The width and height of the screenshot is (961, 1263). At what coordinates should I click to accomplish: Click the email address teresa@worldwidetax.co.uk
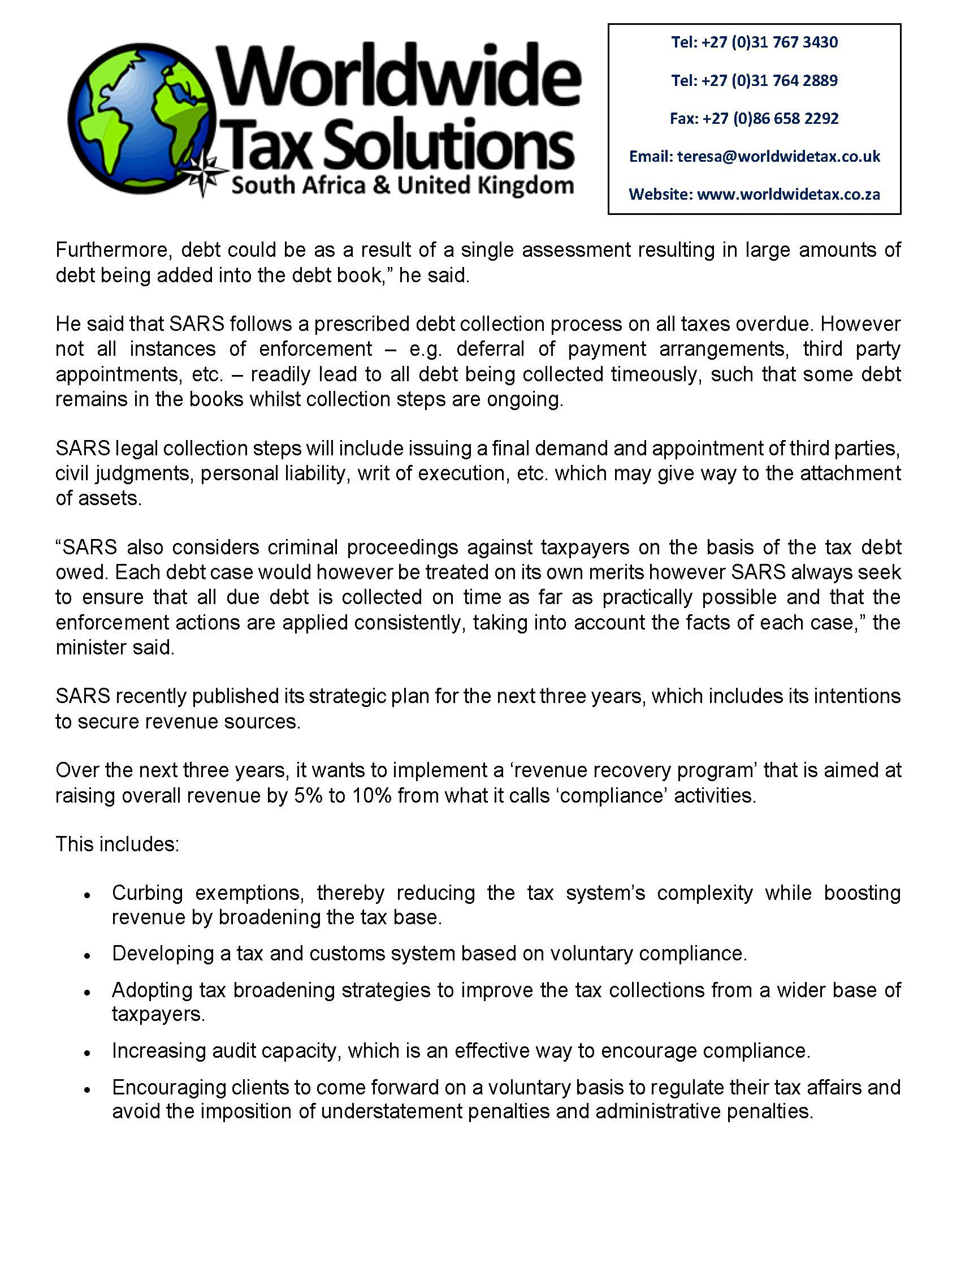click(778, 156)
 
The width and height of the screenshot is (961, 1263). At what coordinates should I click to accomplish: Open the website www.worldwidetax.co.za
click(788, 195)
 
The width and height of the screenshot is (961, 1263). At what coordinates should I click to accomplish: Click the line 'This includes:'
click(117, 844)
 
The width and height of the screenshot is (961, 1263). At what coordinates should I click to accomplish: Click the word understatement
click(391, 1111)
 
